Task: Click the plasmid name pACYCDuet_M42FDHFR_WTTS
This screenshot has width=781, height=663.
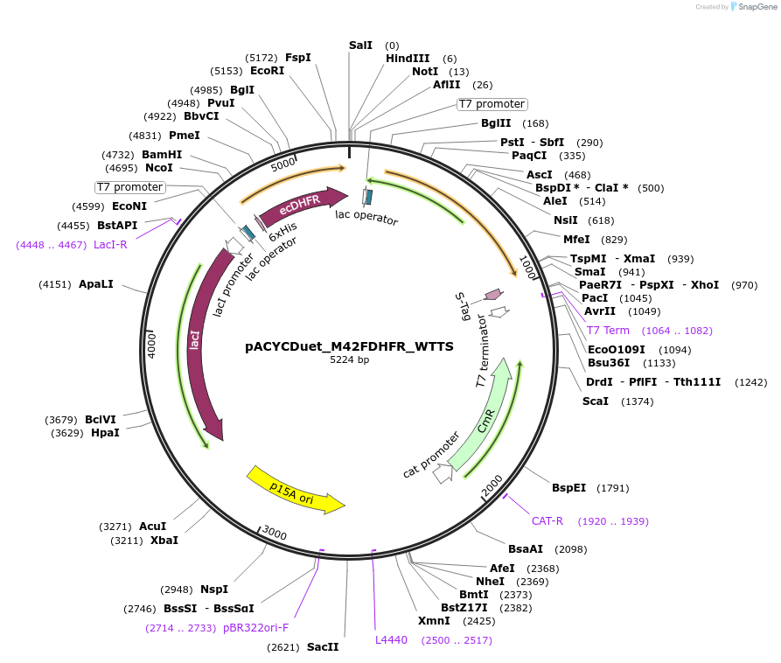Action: [349, 346]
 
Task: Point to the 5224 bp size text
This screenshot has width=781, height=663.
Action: [349, 359]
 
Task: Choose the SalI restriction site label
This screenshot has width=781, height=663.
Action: [360, 45]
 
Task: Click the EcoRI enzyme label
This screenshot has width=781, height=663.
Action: [267, 70]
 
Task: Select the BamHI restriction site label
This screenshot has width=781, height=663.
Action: [162, 154]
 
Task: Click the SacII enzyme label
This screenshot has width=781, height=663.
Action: [322, 646]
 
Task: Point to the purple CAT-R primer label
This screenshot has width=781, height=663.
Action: [547, 520]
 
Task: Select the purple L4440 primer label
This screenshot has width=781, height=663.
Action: [391, 639]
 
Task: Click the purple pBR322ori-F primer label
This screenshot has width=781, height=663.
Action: [255, 627]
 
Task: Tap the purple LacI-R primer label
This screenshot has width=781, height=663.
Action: [110, 244]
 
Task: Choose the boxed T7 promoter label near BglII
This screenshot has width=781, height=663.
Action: [492, 104]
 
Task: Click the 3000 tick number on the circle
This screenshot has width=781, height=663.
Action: [275, 534]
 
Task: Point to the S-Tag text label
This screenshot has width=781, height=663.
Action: [461, 308]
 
